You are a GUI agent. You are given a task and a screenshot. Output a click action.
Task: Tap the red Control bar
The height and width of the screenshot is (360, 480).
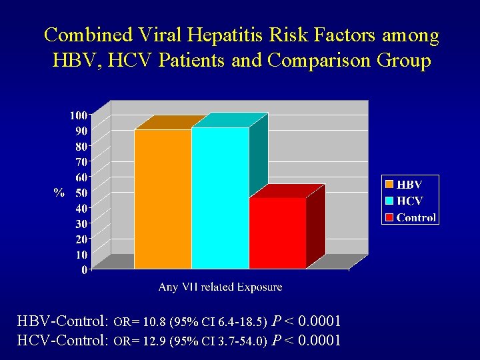277,233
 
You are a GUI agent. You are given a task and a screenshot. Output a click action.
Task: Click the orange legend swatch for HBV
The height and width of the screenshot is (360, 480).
389,183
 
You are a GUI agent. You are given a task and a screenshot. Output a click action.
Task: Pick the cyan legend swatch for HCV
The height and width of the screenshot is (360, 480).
389,200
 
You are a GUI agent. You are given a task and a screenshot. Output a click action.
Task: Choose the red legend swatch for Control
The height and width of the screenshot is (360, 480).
389,217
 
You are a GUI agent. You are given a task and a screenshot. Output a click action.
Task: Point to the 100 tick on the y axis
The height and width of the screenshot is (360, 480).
79,115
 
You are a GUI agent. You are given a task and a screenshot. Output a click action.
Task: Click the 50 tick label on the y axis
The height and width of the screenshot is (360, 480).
81,193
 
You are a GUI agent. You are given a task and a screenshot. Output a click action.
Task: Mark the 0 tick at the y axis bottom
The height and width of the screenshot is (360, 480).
85,270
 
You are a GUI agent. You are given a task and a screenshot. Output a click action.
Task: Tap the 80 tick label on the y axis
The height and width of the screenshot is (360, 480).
81,146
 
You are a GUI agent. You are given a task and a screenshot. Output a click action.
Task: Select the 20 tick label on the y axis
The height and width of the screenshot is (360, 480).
81,239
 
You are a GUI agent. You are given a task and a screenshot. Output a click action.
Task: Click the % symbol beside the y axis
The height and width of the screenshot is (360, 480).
59,193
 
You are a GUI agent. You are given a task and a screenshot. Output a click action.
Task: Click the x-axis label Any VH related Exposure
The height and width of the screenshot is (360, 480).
220,287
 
